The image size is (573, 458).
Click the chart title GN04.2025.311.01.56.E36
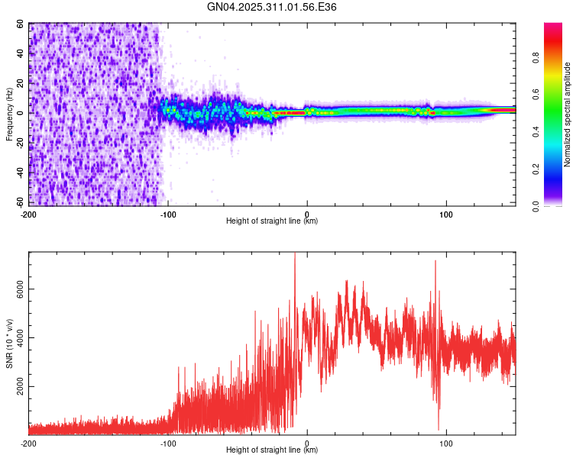click(x=272, y=7)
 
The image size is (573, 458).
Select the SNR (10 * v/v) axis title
click(x=9, y=344)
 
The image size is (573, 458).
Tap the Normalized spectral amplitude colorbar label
click(x=567, y=115)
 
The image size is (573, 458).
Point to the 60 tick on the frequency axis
click(x=19, y=24)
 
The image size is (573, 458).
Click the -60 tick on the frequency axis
click(x=18, y=202)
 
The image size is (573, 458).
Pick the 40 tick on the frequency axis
click(x=19, y=53)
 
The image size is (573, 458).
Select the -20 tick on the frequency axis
click(x=18, y=143)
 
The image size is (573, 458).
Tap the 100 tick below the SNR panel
click(x=446, y=443)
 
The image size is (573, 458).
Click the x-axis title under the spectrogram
click(x=272, y=221)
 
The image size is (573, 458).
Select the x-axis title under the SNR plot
click(x=272, y=450)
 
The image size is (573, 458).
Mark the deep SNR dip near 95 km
click(x=439, y=427)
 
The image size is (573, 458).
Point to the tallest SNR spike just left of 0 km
click(x=295, y=255)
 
